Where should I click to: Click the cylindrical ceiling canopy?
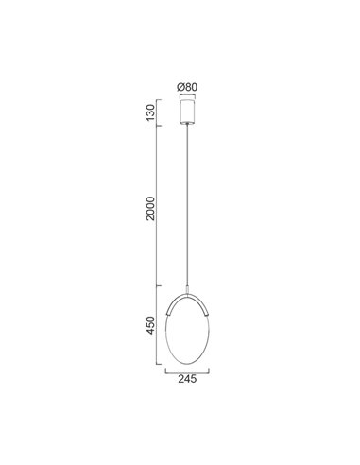click(x=190, y=112)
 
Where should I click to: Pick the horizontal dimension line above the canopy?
click(x=190, y=96)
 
